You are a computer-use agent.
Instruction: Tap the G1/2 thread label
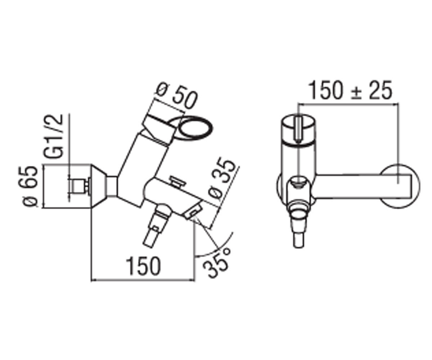click(53, 136)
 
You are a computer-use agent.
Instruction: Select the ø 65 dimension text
click(30, 186)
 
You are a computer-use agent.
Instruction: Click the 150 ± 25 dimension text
click(350, 90)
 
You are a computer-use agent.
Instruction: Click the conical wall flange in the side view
click(99, 186)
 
